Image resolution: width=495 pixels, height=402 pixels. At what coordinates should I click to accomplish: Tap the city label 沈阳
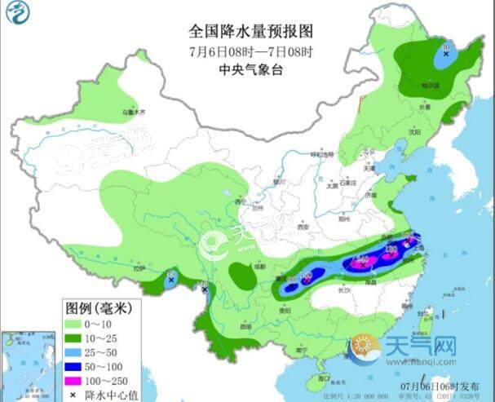tap(415, 130)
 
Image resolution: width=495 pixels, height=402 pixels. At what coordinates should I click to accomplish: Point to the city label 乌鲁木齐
tap(132, 111)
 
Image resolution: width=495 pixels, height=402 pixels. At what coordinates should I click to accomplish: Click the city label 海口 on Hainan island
tap(323, 378)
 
